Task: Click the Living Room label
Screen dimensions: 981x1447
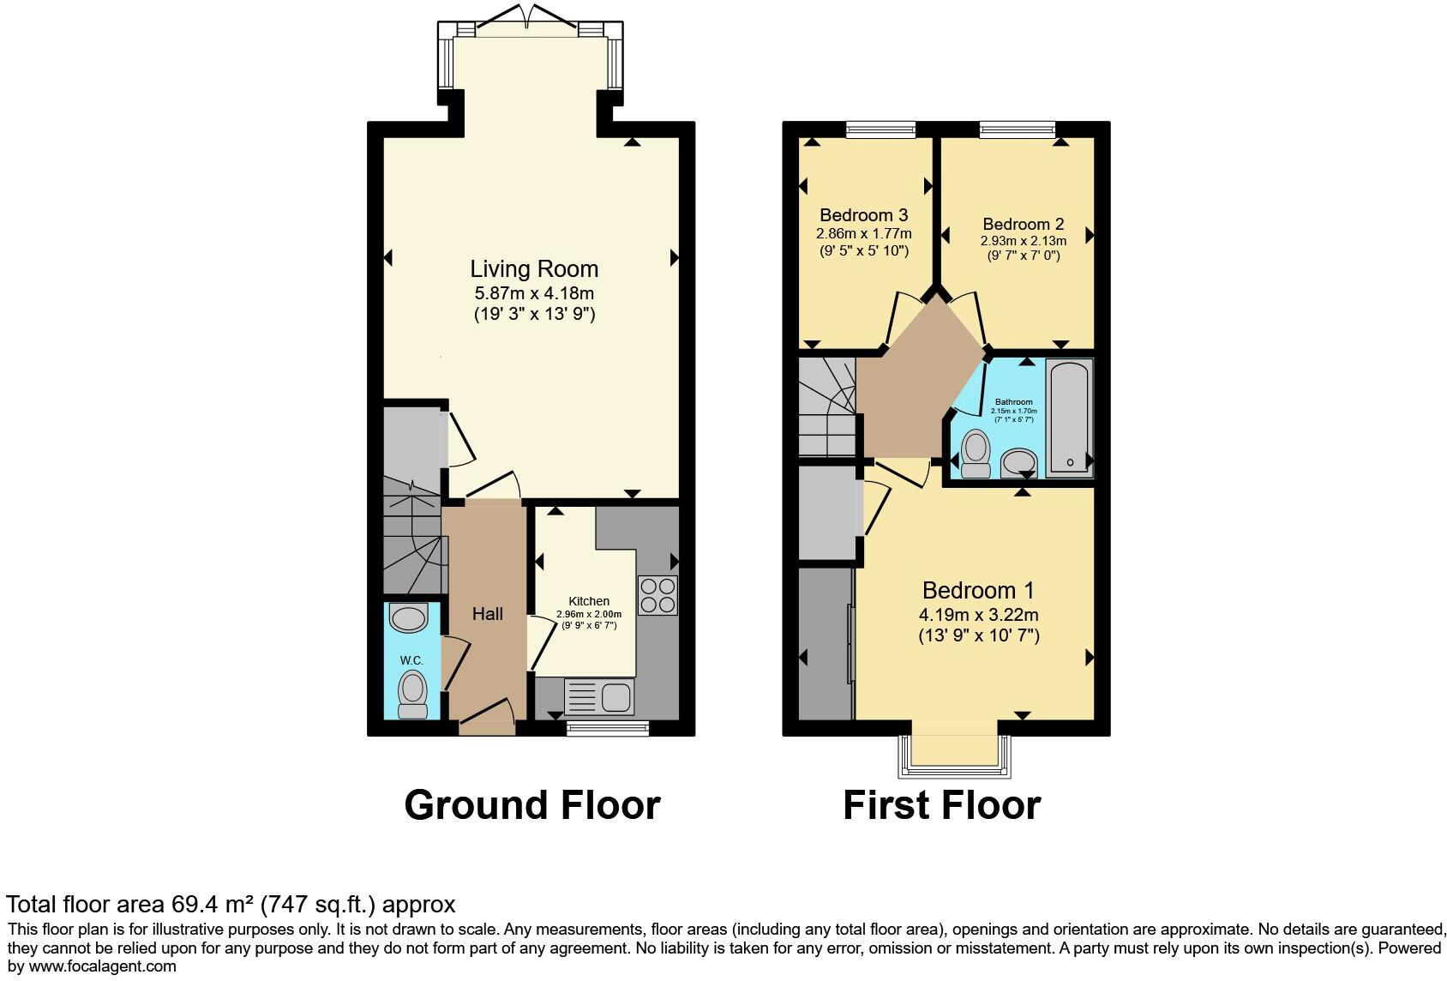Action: (533, 269)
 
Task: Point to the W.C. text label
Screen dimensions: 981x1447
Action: (411, 661)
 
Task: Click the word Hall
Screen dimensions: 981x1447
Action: (488, 614)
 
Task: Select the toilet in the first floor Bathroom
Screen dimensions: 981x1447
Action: (975, 453)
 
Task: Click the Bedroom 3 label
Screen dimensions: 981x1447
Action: (863, 215)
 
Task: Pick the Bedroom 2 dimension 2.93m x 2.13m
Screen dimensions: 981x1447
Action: (1024, 241)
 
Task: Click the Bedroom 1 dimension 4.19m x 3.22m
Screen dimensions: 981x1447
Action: (978, 614)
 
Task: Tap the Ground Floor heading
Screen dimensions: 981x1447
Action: (531, 805)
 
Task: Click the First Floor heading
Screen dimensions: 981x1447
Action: (941, 805)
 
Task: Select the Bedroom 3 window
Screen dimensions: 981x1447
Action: (880, 129)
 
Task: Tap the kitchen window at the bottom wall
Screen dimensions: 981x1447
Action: (607, 728)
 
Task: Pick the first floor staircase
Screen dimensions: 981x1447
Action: (826, 407)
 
